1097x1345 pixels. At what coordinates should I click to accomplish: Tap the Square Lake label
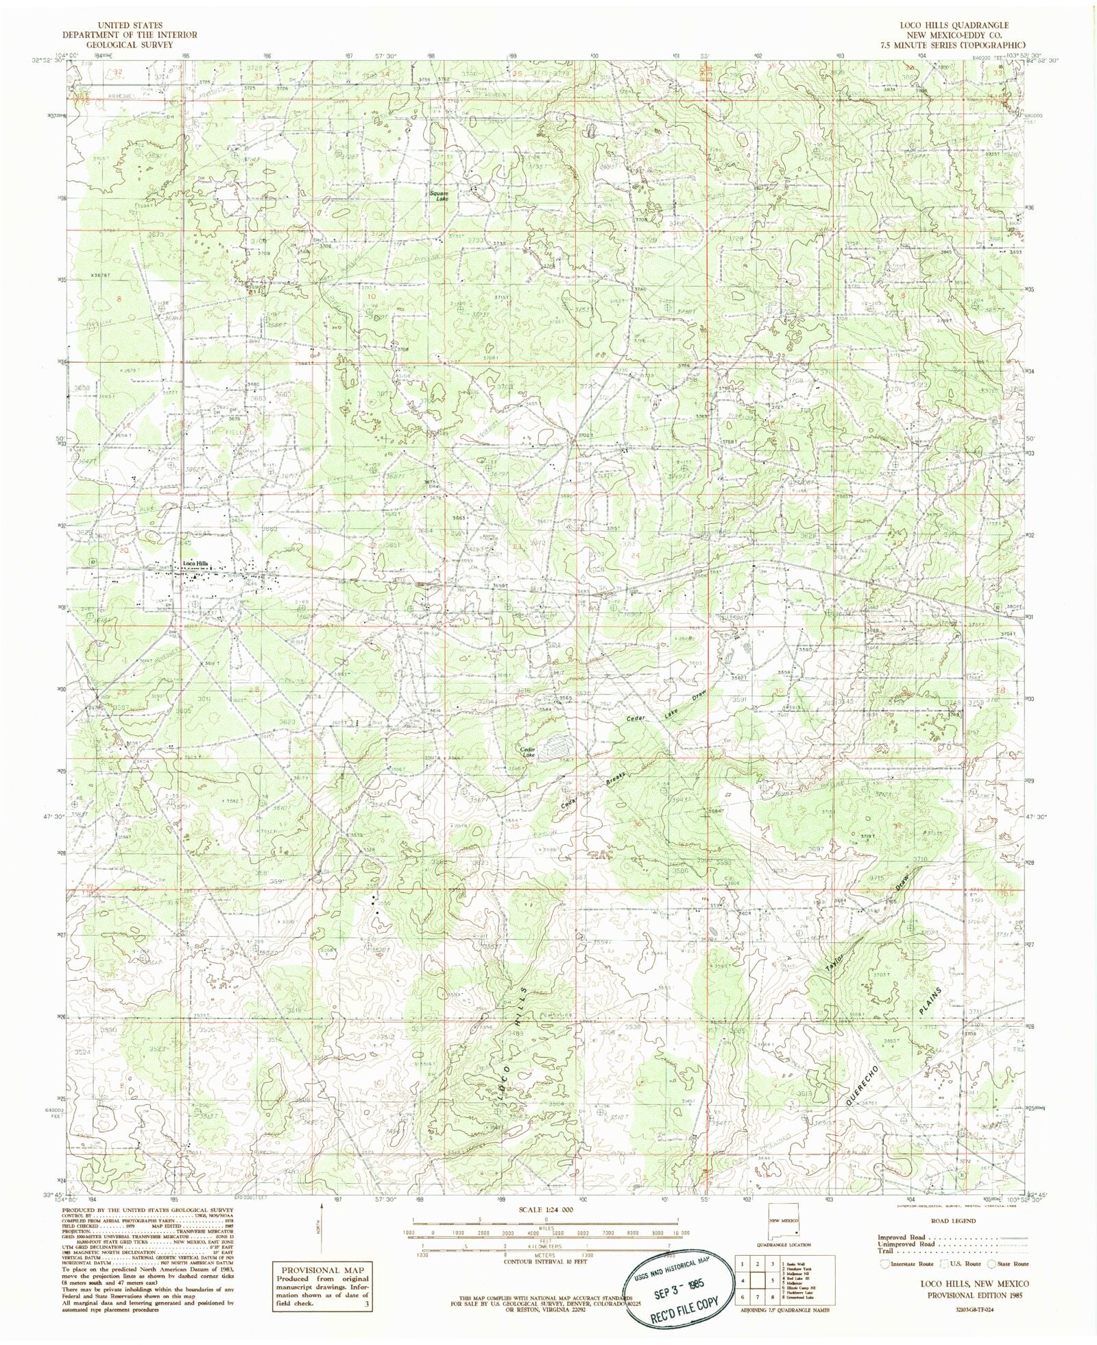tap(439, 195)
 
